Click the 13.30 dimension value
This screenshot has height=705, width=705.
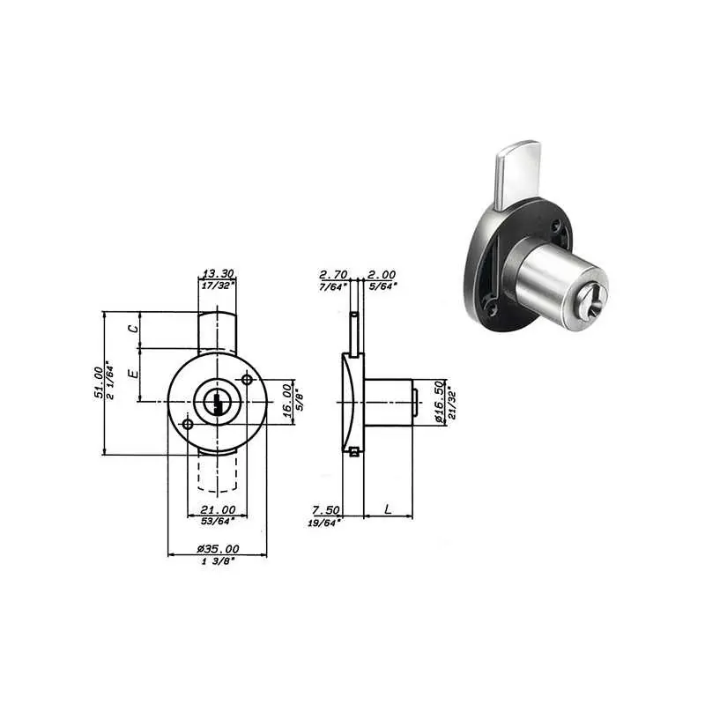[x=218, y=273]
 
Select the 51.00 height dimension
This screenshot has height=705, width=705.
[x=99, y=382]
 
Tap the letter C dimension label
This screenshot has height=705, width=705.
[x=133, y=329]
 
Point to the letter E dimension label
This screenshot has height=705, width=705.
[x=133, y=373]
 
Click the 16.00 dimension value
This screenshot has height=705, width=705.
[x=288, y=401]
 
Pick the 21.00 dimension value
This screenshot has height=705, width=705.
[x=218, y=510]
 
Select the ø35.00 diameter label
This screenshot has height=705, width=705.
[x=218, y=548]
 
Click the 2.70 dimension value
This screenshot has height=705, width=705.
[x=333, y=274]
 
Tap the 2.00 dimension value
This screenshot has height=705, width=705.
[x=382, y=274]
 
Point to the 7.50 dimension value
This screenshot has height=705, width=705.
[x=326, y=510]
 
